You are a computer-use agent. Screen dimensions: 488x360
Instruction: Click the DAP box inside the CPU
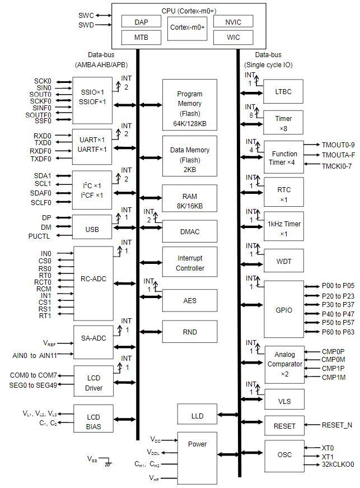click(x=142, y=21)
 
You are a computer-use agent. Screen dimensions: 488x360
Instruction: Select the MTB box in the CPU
click(x=142, y=38)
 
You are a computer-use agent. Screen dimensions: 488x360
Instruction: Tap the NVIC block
click(x=233, y=21)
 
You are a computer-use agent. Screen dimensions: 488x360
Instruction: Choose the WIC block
click(x=233, y=38)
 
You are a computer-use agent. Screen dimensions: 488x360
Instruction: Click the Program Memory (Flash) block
click(x=189, y=104)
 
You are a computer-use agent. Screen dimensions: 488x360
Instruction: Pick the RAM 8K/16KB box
click(x=189, y=201)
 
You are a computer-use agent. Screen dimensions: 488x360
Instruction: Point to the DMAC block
click(x=189, y=231)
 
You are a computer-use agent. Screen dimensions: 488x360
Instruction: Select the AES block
click(x=189, y=300)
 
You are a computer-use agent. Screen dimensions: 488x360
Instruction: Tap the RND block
click(x=189, y=332)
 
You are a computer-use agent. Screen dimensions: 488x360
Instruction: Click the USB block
click(x=92, y=228)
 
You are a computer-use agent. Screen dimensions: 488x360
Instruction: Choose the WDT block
click(x=284, y=261)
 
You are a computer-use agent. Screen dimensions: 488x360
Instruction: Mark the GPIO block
click(x=284, y=309)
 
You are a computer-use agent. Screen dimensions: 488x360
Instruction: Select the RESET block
click(x=284, y=426)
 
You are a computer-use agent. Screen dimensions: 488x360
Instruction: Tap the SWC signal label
click(x=86, y=15)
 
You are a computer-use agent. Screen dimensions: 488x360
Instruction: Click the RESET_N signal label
click(x=336, y=425)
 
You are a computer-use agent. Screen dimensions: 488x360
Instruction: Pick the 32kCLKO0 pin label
click(x=338, y=464)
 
